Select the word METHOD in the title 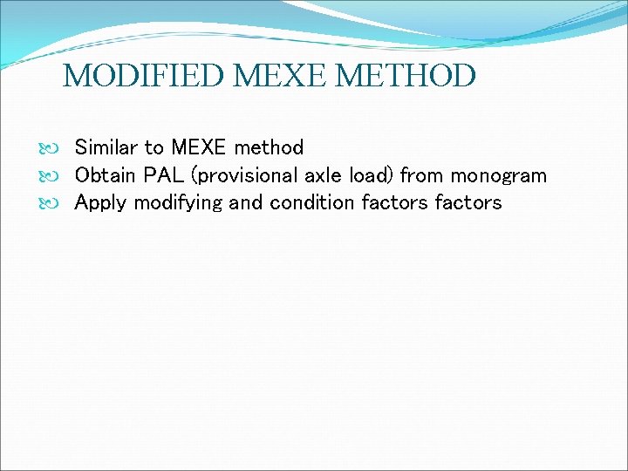click(x=406, y=76)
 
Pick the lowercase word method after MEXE click(x=269, y=147)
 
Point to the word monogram click(x=498, y=176)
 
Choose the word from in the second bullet click(x=422, y=175)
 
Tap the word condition click(x=308, y=203)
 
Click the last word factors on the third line click(x=472, y=203)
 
